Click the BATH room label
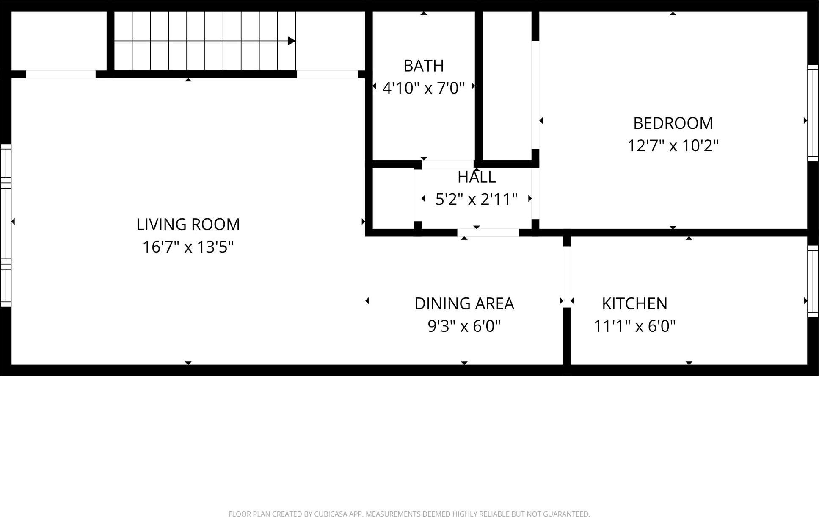(x=423, y=66)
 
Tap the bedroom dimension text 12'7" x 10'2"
(x=673, y=146)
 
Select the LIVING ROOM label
(x=188, y=225)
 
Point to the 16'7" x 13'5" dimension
(x=188, y=247)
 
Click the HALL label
(x=476, y=177)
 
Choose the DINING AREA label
(x=464, y=304)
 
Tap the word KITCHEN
(x=634, y=304)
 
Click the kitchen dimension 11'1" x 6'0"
(x=634, y=326)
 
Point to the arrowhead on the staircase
(x=291, y=41)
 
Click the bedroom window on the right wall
(x=813, y=113)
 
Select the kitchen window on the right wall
(x=813, y=281)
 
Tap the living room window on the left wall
(x=6, y=225)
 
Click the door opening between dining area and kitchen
(x=567, y=277)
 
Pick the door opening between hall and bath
(x=448, y=164)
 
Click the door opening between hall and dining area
(x=488, y=233)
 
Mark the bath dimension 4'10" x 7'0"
(x=423, y=88)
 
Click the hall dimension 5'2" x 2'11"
(x=476, y=199)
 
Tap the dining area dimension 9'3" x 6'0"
(x=464, y=326)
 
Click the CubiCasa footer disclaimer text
(x=409, y=514)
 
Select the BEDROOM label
(x=673, y=123)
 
